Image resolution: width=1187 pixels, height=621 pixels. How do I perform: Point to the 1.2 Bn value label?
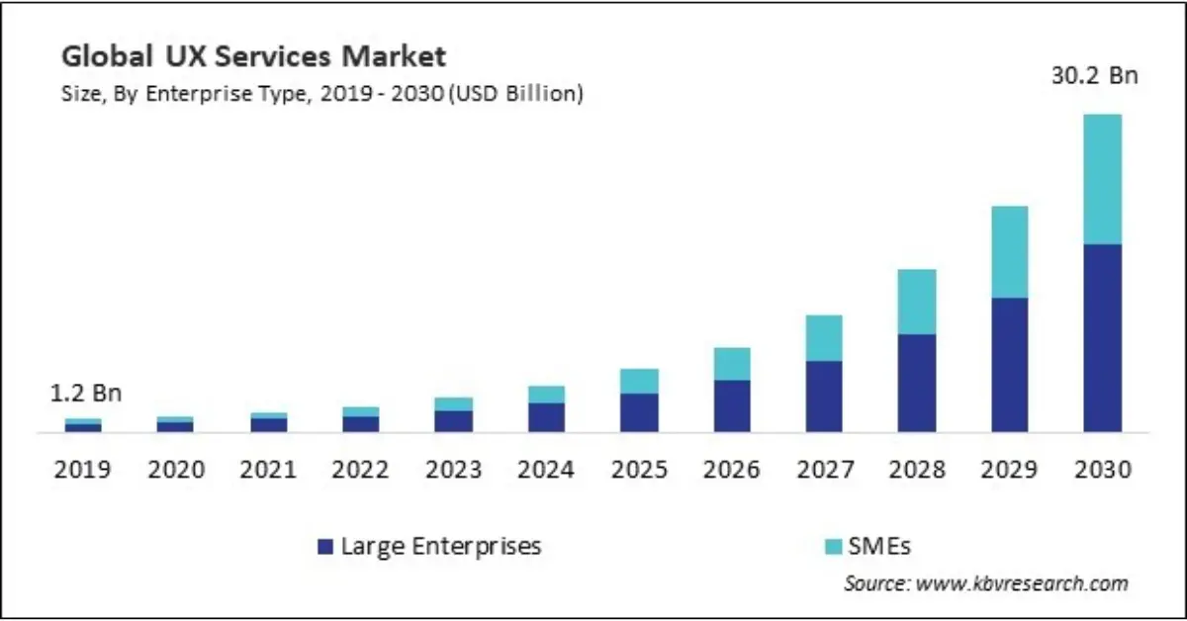86,393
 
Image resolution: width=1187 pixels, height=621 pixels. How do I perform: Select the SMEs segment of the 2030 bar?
1102,179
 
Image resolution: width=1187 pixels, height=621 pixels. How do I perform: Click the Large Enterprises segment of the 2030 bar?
1102,337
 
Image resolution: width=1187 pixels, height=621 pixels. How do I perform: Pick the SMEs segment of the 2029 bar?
1009,252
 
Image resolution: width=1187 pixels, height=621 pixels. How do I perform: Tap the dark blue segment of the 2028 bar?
916,383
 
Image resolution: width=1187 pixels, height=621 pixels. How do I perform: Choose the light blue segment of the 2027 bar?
823,338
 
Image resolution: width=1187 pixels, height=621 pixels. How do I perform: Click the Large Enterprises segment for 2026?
731,405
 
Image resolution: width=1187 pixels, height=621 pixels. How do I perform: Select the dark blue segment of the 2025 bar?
639,412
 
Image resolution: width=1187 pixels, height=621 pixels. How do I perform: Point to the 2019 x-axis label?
83,469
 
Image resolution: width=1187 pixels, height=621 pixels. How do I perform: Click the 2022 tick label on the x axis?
361,469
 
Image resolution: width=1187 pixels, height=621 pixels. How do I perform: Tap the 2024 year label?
546,469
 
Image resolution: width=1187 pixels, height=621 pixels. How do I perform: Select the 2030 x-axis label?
1102,469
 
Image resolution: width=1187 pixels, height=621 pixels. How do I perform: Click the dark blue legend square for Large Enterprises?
323,546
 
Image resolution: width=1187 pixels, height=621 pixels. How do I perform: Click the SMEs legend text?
875,546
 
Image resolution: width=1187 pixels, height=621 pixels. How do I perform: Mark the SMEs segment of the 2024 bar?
546,395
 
